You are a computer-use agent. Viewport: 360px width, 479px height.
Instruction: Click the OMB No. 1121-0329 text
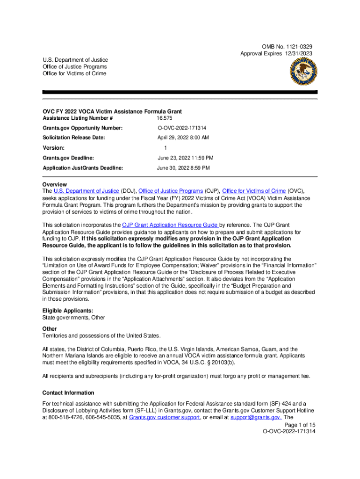[x=287, y=47]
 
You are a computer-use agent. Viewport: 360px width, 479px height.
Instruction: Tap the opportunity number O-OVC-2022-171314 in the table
[x=182, y=128]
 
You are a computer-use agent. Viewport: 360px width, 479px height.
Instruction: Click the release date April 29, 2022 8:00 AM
[x=183, y=138]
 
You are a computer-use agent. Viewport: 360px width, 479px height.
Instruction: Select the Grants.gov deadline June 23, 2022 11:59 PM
[x=185, y=158]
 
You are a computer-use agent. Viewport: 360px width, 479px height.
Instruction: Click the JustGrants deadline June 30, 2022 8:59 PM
[x=183, y=167]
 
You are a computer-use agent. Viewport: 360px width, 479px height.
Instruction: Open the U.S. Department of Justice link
[x=80, y=191]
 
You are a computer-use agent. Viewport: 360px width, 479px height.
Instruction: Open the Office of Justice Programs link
[x=171, y=191]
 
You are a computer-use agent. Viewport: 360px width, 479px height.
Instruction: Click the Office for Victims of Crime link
[x=254, y=191]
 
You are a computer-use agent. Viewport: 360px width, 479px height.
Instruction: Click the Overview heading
[x=54, y=184]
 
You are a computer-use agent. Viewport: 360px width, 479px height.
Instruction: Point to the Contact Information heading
[x=68, y=393]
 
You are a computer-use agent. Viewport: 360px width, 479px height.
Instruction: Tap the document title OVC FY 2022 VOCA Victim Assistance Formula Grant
[x=112, y=111]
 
